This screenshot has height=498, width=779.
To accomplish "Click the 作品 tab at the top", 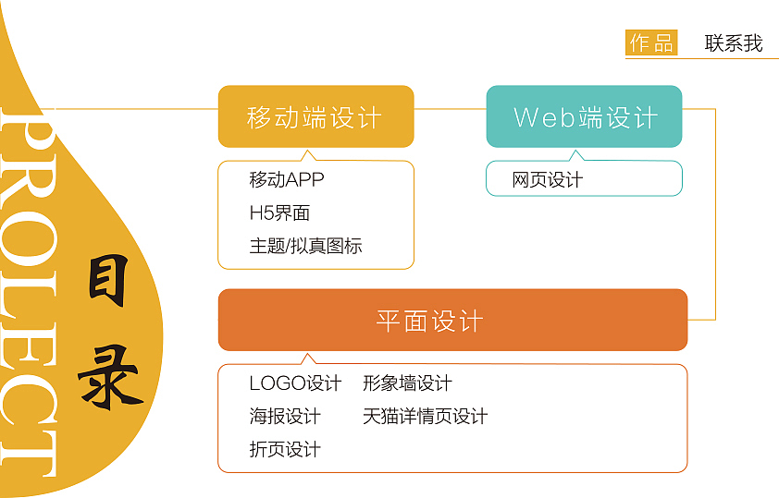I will click(651, 43).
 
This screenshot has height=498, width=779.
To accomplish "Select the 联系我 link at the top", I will click(733, 43).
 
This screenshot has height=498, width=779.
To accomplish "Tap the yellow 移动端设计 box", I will click(315, 116).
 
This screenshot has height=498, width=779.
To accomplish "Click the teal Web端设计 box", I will click(584, 116).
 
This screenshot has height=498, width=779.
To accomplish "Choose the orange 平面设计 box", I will click(452, 321).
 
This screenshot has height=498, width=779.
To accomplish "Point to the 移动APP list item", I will click(287, 179).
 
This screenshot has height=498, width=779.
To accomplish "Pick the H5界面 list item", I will click(279, 213).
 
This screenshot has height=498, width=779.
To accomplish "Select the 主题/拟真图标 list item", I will click(305, 246).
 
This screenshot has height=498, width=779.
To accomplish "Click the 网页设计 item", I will click(547, 179).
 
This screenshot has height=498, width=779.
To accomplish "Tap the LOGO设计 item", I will click(295, 383).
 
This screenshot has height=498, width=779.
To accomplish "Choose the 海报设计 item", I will click(285, 416).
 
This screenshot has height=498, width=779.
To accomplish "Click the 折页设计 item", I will click(285, 449).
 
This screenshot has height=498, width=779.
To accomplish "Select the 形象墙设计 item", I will click(407, 383).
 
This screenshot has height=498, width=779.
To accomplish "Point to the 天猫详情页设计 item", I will click(425, 416).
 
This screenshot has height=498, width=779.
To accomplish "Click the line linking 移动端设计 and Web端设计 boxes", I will click(450, 109).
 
